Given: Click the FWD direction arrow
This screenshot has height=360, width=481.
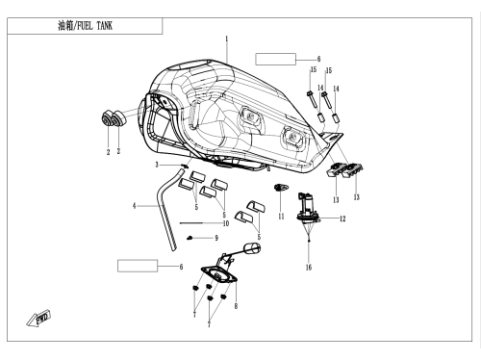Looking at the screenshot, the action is [38, 319].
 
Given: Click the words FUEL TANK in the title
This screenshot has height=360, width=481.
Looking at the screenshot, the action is [95, 26].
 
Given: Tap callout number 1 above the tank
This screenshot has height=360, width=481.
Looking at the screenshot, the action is [227, 39].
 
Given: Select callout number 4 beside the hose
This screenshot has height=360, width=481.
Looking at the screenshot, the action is [135, 206].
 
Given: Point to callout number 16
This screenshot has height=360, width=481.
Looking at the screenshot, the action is [309, 267].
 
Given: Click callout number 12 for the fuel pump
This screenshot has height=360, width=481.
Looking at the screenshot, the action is [342, 219].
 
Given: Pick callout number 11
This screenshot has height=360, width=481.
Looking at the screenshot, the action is [281, 217].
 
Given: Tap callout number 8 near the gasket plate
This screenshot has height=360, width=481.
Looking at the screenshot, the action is [236, 306].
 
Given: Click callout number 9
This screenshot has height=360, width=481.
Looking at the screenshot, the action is [216, 238].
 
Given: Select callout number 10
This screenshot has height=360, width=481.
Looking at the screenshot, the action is [226, 223].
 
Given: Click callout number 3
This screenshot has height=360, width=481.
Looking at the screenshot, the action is [157, 165].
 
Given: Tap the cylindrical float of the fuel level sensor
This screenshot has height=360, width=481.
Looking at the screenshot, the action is [252, 247].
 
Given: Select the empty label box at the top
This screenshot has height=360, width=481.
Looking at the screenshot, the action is [275, 60].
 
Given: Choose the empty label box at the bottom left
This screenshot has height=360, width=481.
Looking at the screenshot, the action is [138, 266].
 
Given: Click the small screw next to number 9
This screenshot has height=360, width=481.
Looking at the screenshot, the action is [190, 238].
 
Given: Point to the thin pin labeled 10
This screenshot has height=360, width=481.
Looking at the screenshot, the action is [190, 223].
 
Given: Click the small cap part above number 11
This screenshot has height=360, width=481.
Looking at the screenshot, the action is [281, 187].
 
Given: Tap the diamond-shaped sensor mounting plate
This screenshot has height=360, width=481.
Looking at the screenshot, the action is [219, 275].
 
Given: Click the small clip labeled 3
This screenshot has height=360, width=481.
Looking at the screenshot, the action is [184, 166].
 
